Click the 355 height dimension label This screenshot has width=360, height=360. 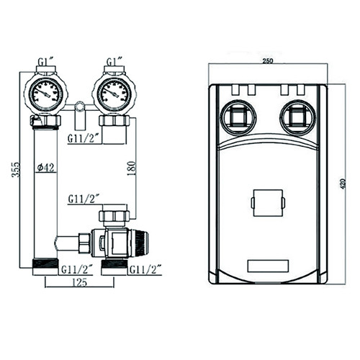[17, 169]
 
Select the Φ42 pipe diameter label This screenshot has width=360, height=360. [47, 167]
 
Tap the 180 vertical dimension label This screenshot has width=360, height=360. [132, 168]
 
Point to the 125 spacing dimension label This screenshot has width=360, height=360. [79, 282]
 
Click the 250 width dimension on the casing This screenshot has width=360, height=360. [268, 61]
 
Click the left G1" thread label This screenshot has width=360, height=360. [47, 62]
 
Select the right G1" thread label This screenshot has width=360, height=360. [114, 62]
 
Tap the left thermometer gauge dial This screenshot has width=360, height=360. [45, 94]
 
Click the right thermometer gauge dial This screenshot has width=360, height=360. [114, 94]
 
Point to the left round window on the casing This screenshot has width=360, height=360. [239, 117]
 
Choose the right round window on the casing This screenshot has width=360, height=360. [298, 117]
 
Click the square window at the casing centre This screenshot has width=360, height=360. [268, 203]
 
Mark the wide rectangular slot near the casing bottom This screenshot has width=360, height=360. [268, 266]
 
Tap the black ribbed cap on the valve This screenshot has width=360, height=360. [142, 243]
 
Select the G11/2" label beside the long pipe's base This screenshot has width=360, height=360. [77, 270]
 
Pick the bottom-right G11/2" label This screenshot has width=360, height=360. [145, 270]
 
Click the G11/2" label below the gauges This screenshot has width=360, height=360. [84, 138]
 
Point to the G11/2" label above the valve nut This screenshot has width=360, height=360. [84, 199]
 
